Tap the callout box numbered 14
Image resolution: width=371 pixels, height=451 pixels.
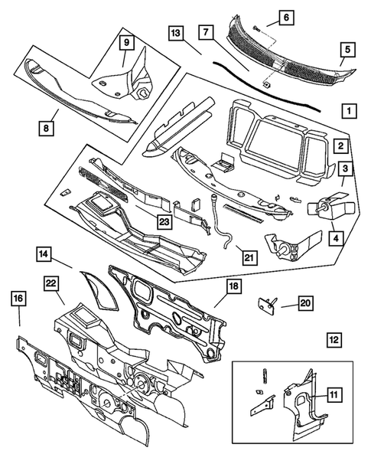coord(45,253)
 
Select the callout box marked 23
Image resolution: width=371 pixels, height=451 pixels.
coord(163,221)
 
